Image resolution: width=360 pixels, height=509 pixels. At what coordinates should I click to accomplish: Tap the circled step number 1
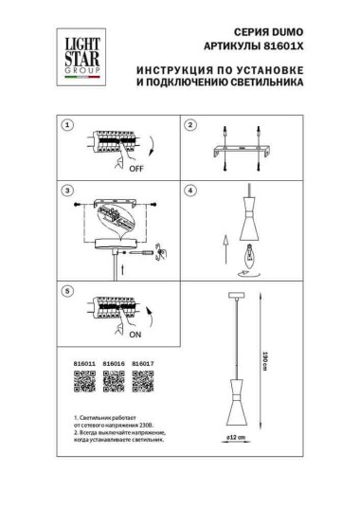pos(67,125)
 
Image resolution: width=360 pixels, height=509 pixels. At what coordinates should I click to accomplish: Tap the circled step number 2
pos(189,125)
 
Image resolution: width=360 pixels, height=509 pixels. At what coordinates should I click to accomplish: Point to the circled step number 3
pos(67,191)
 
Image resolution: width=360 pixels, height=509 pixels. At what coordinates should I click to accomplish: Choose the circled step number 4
pos(189,191)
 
